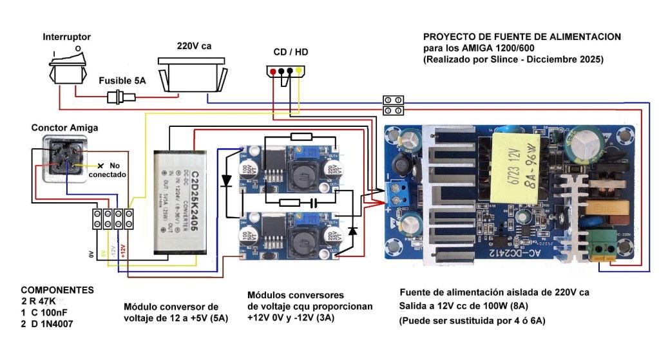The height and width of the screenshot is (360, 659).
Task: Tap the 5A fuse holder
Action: point(120,98)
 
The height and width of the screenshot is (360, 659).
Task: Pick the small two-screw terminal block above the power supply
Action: point(394,104)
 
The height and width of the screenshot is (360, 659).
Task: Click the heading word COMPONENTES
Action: point(57,290)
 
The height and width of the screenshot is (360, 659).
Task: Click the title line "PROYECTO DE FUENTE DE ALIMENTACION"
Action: point(522,37)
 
